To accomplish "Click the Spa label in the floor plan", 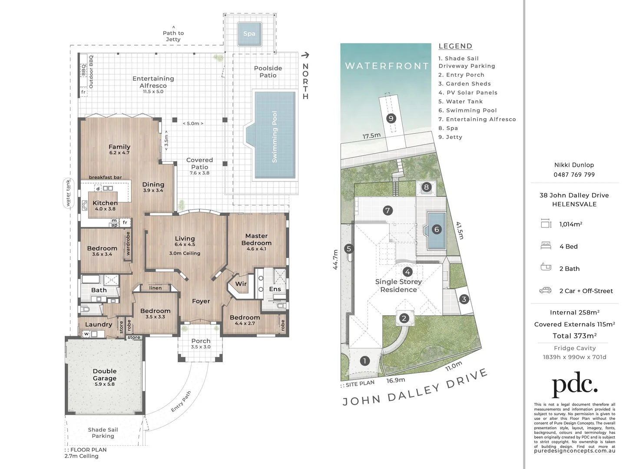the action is pyautogui.click(x=249, y=33).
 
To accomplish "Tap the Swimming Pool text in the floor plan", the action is pyautogui.click(x=275, y=137).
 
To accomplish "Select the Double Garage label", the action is pyautogui.click(x=105, y=375).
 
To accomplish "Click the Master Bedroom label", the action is pyautogui.click(x=256, y=239).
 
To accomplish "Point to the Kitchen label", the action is pyautogui.click(x=105, y=203).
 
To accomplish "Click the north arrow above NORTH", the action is pyautogui.click(x=305, y=55).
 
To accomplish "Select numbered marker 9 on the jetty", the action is pyautogui.click(x=391, y=118).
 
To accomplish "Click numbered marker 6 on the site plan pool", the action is pyautogui.click(x=437, y=229).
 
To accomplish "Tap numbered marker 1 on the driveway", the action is pyautogui.click(x=365, y=361).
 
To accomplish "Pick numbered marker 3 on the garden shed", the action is pyautogui.click(x=464, y=299).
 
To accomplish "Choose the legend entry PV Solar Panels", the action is pyautogui.click(x=468, y=92).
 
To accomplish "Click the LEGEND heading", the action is pyautogui.click(x=455, y=46).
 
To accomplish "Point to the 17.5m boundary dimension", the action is pyautogui.click(x=371, y=136).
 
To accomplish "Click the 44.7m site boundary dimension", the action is pyautogui.click(x=335, y=259).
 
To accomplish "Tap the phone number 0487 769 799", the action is pyautogui.click(x=574, y=175).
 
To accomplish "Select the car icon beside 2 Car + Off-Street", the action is pyautogui.click(x=545, y=290).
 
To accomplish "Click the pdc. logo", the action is pyautogui.click(x=574, y=384).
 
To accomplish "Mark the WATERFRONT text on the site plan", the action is pyautogui.click(x=387, y=66).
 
